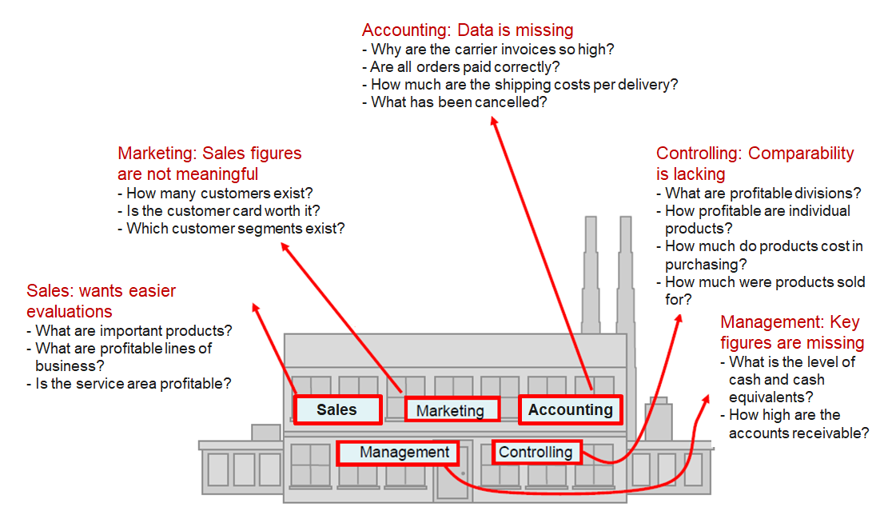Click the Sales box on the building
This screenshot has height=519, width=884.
(x=336, y=410)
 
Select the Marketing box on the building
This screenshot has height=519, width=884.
(x=451, y=410)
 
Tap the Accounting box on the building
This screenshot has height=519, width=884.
(x=570, y=410)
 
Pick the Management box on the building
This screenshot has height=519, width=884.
(x=398, y=453)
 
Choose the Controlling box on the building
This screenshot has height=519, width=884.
(x=536, y=453)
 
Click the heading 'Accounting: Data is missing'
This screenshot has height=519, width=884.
(x=468, y=30)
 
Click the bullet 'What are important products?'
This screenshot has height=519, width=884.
(x=133, y=330)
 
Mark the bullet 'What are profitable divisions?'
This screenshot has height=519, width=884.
(x=763, y=193)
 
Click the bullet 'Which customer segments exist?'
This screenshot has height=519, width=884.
(x=236, y=229)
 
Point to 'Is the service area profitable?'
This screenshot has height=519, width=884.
(x=133, y=383)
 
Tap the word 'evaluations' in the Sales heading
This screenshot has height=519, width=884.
(x=70, y=311)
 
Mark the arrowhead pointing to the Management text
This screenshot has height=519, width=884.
(x=707, y=396)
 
